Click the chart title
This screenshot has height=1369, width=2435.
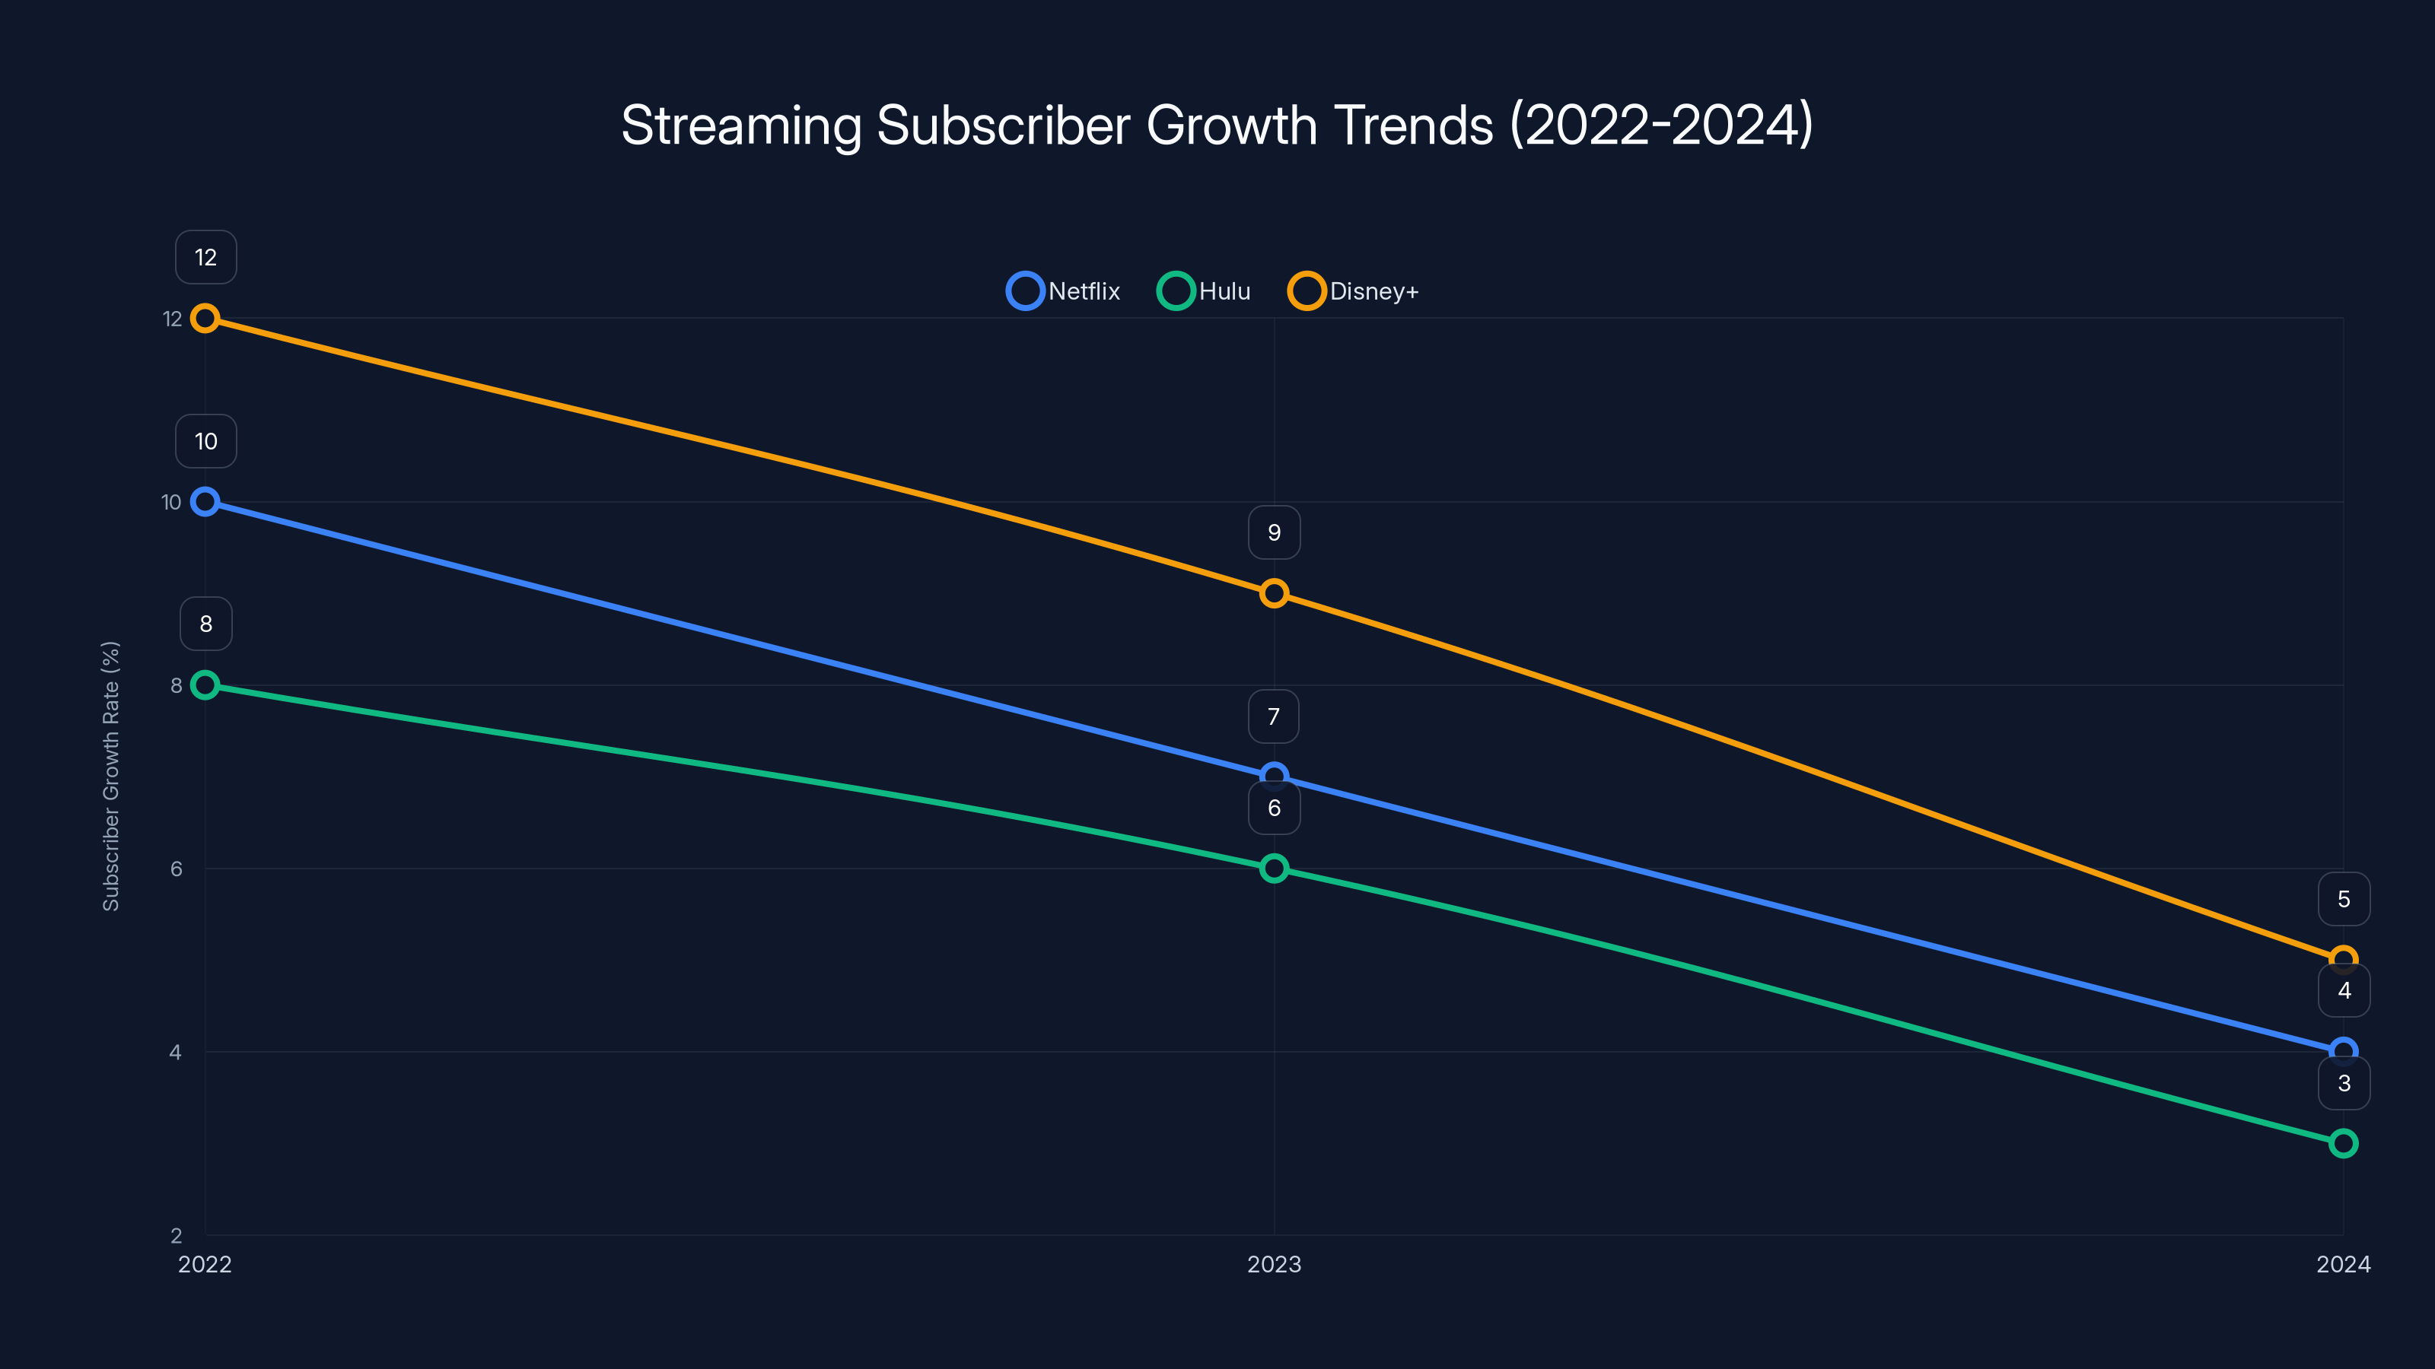tap(1217, 125)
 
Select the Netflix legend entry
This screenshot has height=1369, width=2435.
tap(1065, 291)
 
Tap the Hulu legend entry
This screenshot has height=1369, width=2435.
tap(1205, 291)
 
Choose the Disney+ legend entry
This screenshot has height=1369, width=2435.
tap(1354, 291)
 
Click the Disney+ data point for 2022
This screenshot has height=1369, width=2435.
tap(205, 319)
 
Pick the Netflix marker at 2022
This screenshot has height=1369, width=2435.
tap(205, 502)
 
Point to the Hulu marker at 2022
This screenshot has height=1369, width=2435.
tap(205, 685)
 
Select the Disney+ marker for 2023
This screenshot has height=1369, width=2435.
tap(1275, 593)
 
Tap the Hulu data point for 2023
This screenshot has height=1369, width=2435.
tap(1275, 869)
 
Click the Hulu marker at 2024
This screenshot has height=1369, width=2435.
tap(2344, 1143)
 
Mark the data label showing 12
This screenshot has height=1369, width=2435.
tap(206, 257)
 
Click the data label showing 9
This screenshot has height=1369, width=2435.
tap(1275, 533)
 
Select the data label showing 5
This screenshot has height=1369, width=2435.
tap(2344, 900)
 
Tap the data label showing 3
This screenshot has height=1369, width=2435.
tap(2344, 1084)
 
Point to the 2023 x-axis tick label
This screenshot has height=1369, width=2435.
tap(1275, 1264)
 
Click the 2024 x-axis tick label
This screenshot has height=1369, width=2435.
tap(2344, 1264)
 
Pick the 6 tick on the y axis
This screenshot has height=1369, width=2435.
tap(176, 869)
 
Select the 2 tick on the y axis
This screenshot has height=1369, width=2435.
tap(176, 1235)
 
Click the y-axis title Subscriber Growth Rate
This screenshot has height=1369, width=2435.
tap(110, 776)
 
